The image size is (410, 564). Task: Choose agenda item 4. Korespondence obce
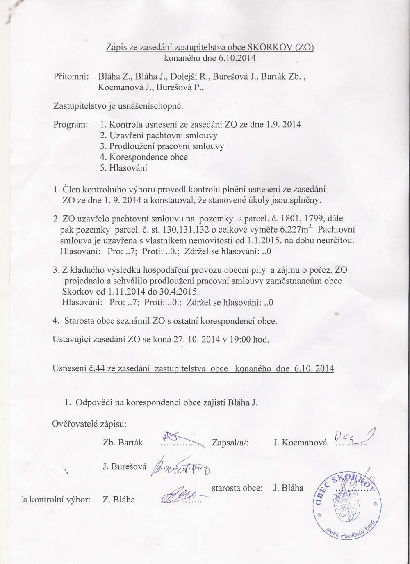(144, 157)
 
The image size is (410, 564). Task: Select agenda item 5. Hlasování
(123, 167)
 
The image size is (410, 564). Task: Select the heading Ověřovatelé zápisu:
(89, 423)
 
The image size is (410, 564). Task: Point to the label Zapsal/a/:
(231, 443)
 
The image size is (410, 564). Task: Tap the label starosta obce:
(237, 488)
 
